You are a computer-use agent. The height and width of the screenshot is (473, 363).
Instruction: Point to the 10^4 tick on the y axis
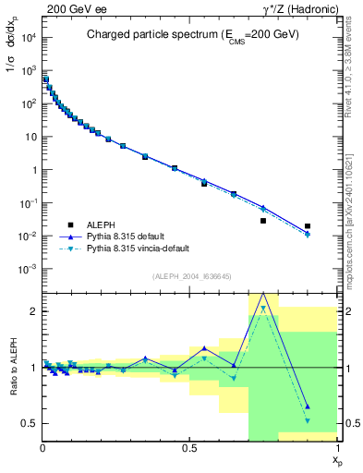click(x=27, y=37)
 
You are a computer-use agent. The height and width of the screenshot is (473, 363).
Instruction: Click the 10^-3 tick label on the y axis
click(x=27, y=269)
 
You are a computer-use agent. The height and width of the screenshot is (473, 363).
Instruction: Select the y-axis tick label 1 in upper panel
click(x=33, y=170)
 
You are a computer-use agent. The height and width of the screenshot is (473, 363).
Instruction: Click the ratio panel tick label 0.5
click(x=29, y=423)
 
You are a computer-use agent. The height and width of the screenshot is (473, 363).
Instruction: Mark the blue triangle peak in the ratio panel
click(x=263, y=294)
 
